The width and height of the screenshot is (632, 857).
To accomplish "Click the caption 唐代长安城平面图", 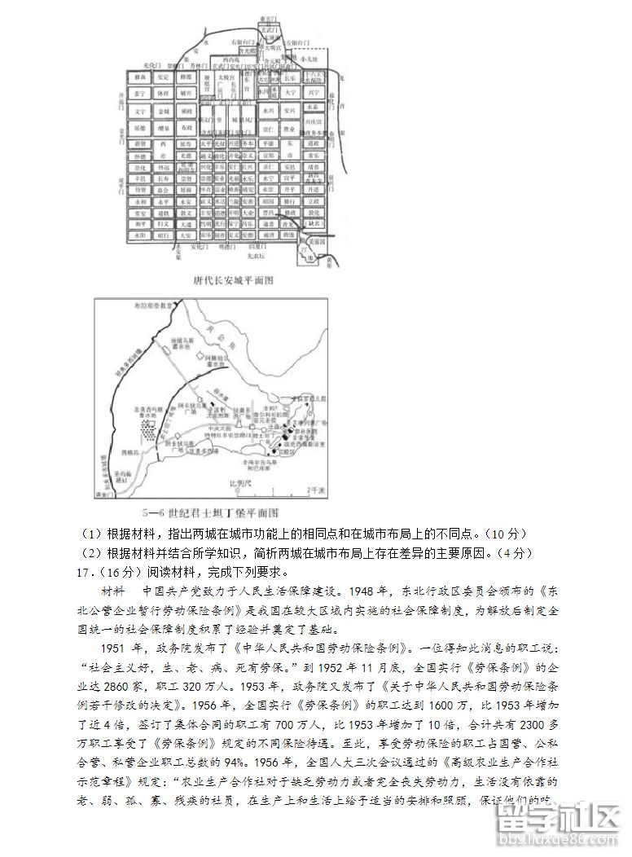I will (232, 280).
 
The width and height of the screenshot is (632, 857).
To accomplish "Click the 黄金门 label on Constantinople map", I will (104, 494).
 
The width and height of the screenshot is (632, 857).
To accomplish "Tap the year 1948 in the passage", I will (364, 591).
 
